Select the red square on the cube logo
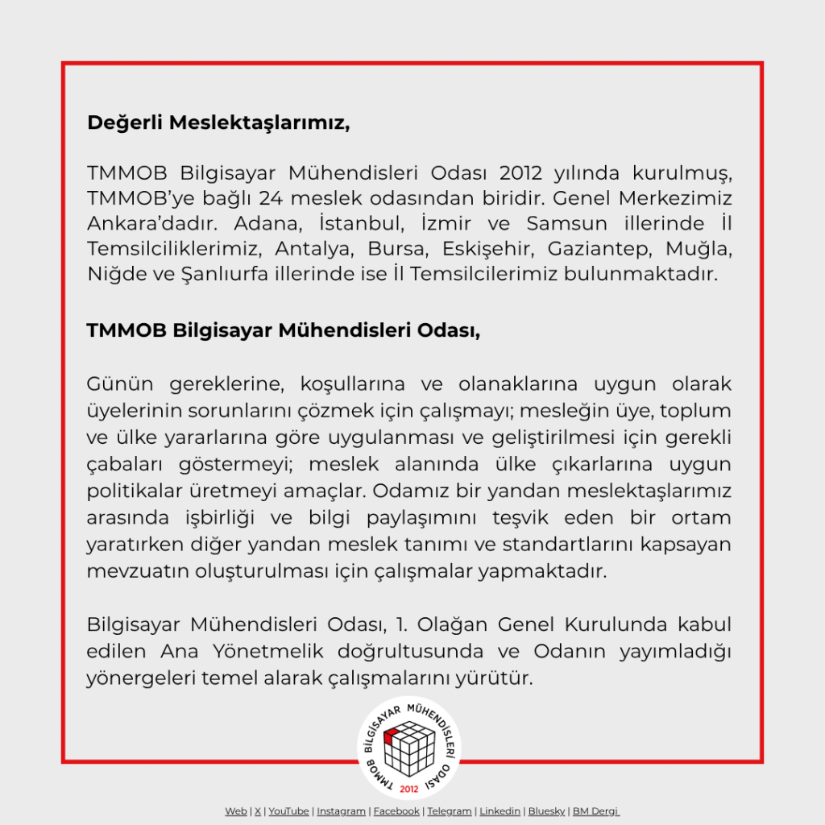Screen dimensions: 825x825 click(x=392, y=736)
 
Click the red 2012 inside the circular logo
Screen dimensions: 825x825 click(x=408, y=787)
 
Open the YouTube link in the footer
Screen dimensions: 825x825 click(x=288, y=811)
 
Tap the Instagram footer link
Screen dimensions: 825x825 click(x=341, y=811)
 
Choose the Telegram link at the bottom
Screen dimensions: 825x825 click(x=450, y=811)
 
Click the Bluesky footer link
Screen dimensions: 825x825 click(x=546, y=811)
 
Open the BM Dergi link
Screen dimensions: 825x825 click(x=595, y=811)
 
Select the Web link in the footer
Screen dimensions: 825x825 click(x=235, y=811)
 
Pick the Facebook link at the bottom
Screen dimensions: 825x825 click(x=396, y=811)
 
